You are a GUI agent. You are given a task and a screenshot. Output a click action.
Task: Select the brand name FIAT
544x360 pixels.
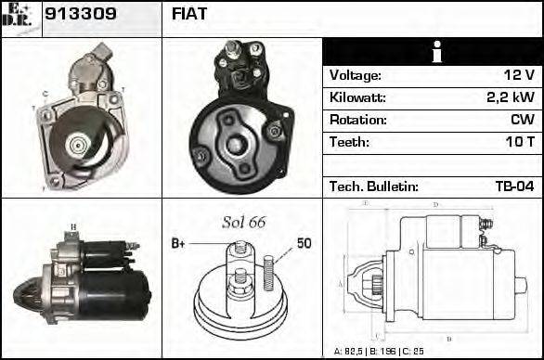[x=190, y=15]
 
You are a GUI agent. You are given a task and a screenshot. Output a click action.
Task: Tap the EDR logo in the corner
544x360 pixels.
[x=21, y=19]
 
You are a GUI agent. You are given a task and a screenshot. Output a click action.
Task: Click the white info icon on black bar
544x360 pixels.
[x=432, y=52]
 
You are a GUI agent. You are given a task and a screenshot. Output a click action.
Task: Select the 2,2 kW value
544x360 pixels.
[x=511, y=97]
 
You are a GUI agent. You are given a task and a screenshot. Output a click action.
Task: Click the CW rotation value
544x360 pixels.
[x=521, y=120]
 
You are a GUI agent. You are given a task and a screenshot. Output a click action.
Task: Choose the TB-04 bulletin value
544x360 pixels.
[x=512, y=186]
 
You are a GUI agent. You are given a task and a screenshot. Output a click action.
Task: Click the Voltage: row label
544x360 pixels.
[x=356, y=75]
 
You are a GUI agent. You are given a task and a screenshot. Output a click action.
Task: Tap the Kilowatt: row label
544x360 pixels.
[x=357, y=97]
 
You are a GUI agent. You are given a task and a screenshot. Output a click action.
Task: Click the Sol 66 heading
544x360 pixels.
[x=243, y=223]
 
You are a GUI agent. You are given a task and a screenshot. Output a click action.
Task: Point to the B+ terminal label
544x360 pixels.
[x=179, y=243]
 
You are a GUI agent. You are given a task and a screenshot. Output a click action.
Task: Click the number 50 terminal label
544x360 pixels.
[x=304, y=243]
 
